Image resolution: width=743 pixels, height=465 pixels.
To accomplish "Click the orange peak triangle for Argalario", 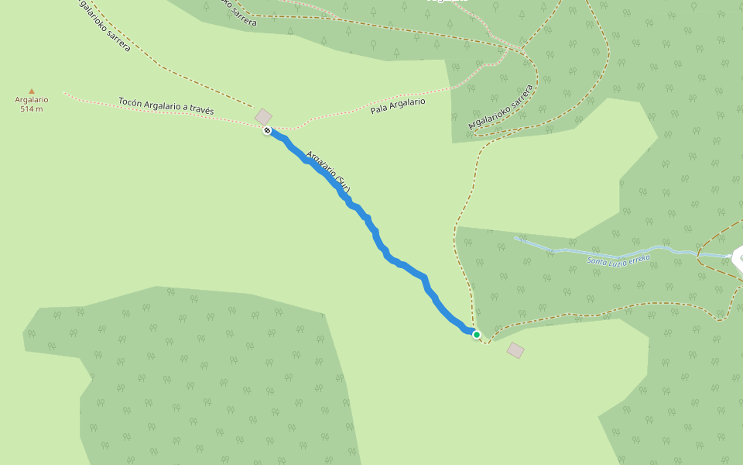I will click(x=32, y=91).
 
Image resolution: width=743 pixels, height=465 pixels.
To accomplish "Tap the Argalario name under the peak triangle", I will click(x=32, y=100).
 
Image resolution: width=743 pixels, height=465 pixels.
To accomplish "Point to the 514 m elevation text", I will click(x=32, y=109).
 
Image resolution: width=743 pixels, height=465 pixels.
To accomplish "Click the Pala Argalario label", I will click(x=398, y=105).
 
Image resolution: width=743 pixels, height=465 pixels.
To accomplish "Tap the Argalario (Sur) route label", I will click(x=329, y=172).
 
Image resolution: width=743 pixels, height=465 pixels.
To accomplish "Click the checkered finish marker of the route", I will click(x=267, y=131).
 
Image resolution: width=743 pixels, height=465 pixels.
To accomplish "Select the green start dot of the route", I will click(x=477, y=335).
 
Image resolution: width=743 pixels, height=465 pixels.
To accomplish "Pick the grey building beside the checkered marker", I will click(x=264, y=117).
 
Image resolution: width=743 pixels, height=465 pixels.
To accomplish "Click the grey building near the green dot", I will click(x=515, y=351).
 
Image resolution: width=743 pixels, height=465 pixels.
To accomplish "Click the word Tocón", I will click(x=131, y=102).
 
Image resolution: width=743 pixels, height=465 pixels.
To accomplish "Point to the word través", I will click(x=200, y=111).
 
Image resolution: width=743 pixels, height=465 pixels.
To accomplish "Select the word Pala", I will click(x=378, y=109).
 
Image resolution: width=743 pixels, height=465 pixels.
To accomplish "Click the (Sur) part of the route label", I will click(x=343, y=186).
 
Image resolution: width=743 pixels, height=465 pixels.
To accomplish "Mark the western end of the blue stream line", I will click(x=515, y=238).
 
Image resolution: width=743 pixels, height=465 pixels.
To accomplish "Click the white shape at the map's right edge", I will click(x=738, y=257).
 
